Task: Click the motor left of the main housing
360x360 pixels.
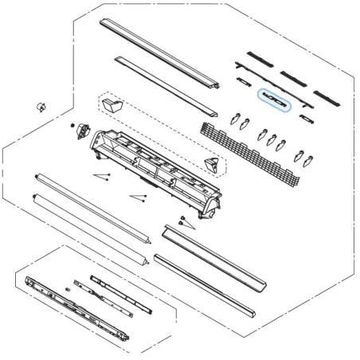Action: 81,131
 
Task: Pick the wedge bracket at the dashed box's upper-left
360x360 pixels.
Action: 114,104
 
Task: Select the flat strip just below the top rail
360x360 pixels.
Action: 163,84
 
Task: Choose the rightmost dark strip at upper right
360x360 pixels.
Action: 327,95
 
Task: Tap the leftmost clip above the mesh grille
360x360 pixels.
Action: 232,120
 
